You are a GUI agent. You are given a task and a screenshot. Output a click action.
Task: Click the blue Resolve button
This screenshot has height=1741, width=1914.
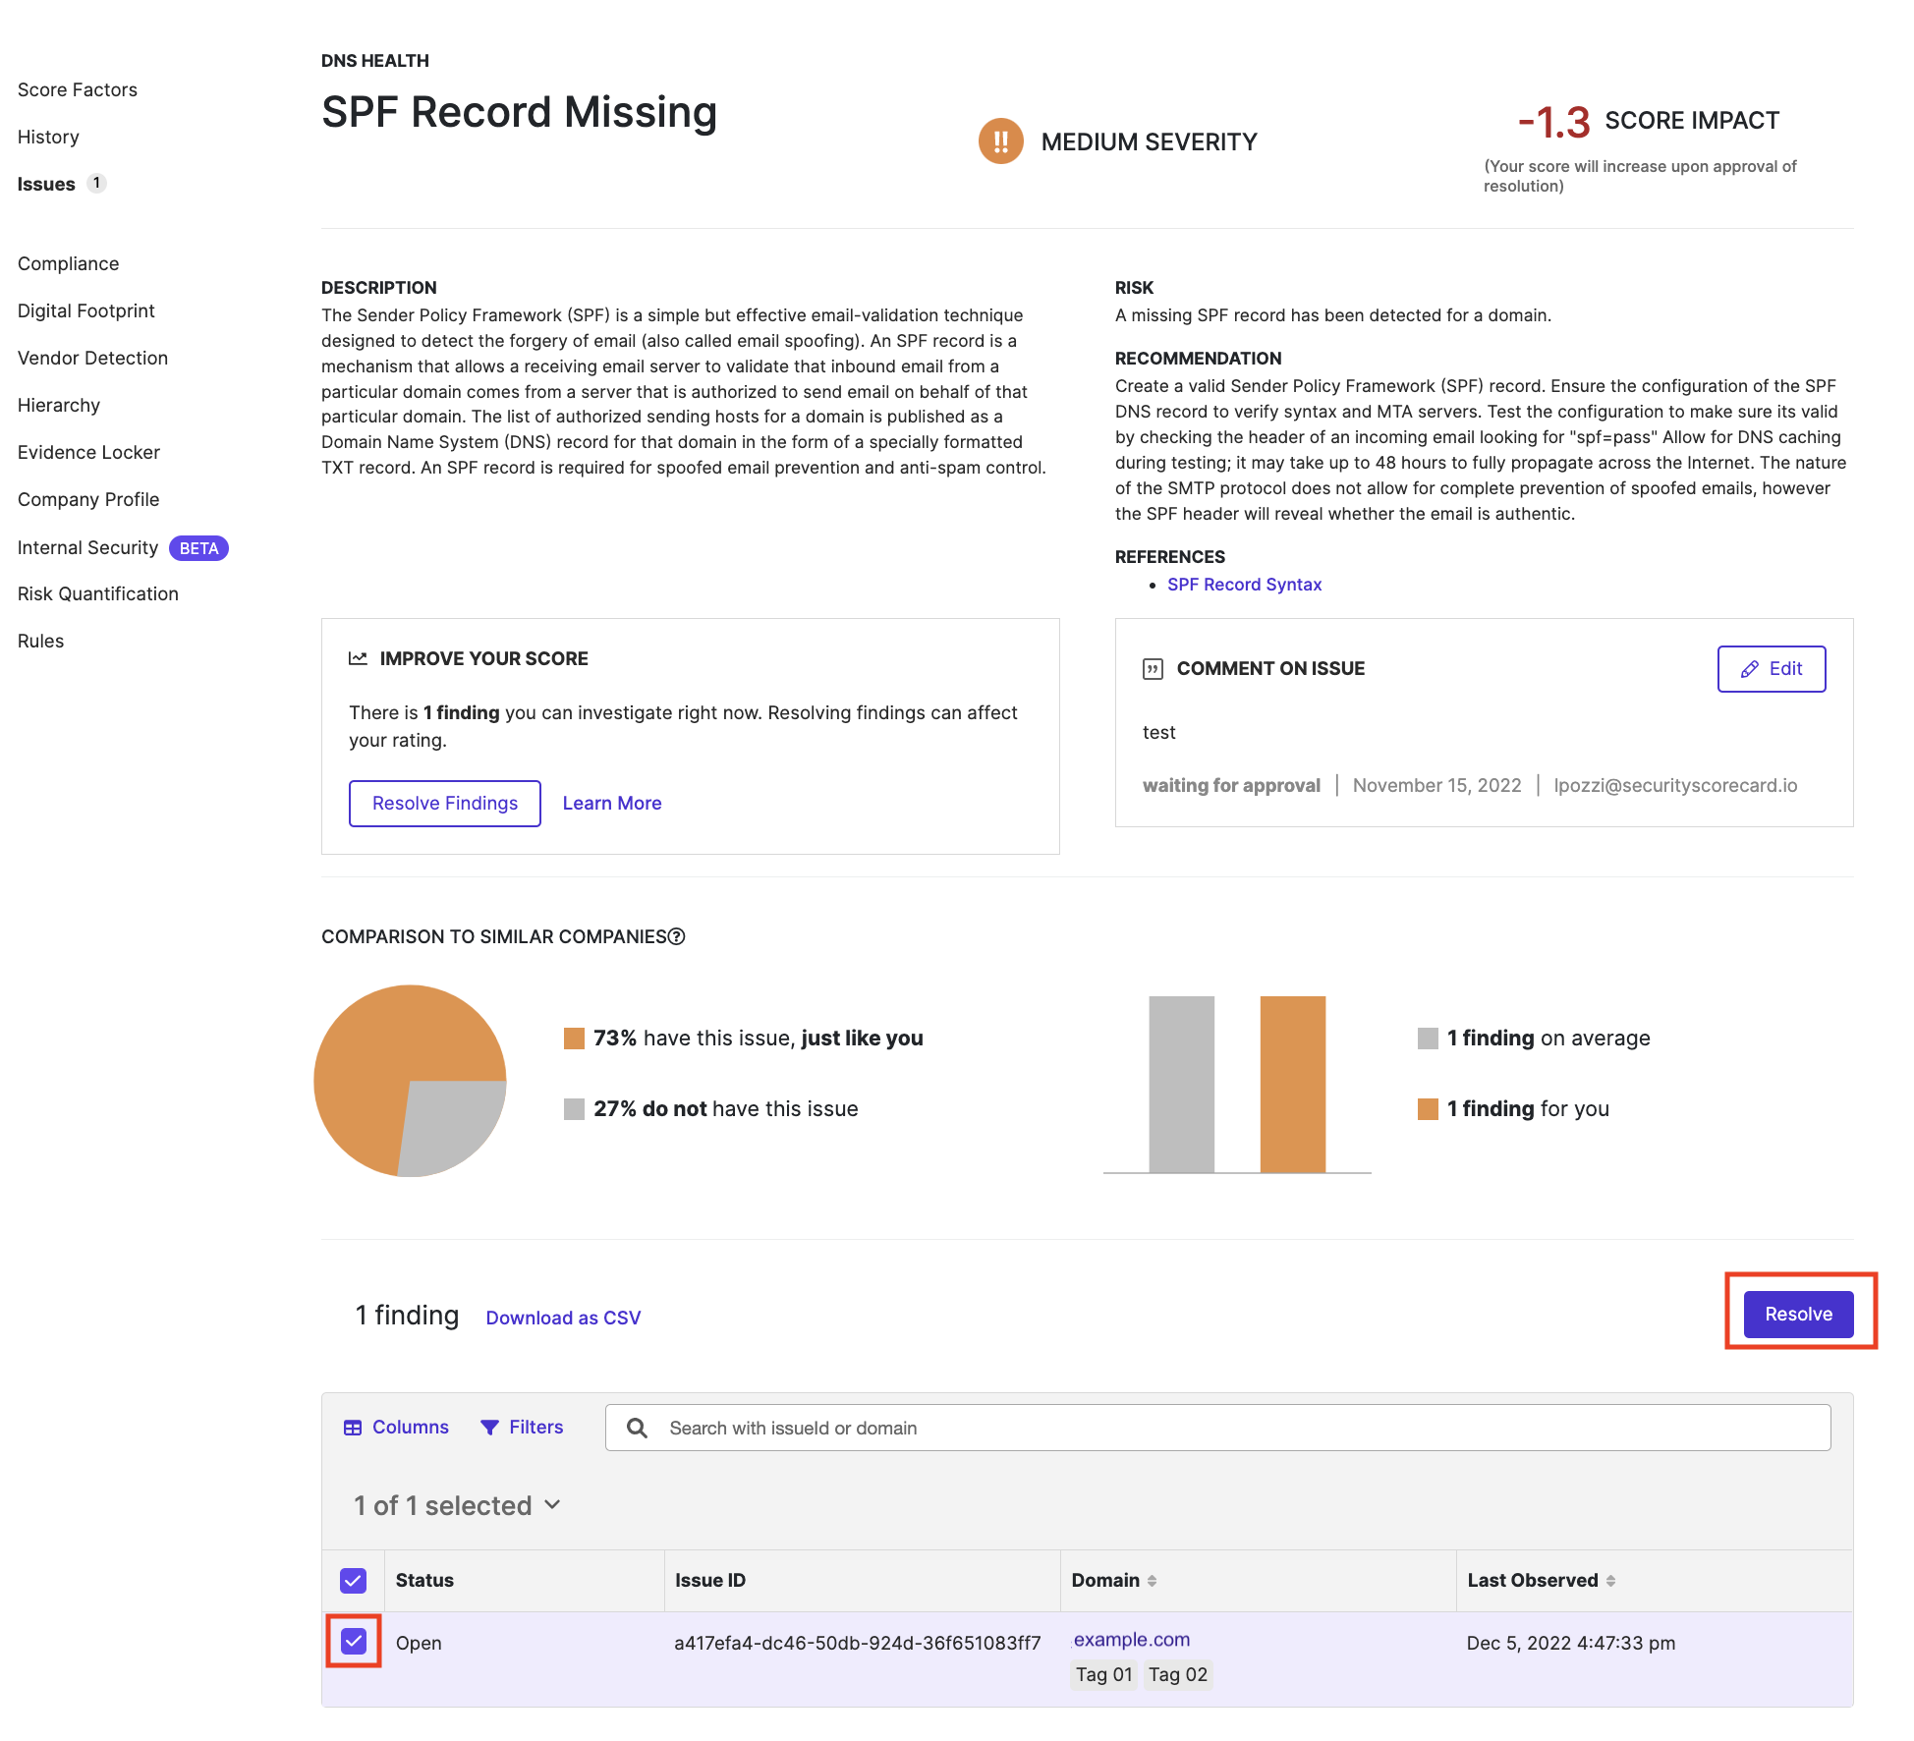[x=1798, y=1314]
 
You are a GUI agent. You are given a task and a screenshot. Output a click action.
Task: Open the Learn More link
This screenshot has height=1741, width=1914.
[x=611, y=803]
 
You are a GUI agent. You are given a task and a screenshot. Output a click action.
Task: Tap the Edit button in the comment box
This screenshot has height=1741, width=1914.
[x=1771, y=669]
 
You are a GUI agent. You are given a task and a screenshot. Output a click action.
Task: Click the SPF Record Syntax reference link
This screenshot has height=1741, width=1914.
[x=1244, y=585]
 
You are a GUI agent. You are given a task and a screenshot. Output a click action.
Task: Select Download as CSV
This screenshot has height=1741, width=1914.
[x=563, y=1318]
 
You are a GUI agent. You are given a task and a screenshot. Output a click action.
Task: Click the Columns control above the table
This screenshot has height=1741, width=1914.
[x=396, y=1427]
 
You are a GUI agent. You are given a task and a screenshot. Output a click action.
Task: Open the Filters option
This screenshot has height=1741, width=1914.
[x=522, y=1427]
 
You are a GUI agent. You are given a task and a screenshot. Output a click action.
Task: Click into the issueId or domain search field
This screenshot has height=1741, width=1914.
[x=1218, y=1428]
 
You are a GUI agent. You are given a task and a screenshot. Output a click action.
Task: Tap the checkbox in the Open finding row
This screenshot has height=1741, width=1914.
[x=354, y=1641]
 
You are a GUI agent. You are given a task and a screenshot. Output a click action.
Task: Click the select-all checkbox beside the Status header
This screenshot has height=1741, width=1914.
[x=354, y=1580]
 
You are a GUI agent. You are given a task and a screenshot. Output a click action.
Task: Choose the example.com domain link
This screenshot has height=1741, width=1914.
[x=1131, y=1639]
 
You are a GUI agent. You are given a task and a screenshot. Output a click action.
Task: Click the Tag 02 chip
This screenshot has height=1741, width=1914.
[x=1177, y=1674]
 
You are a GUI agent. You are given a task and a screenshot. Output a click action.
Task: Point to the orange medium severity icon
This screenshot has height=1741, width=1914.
[x=1000, y=141]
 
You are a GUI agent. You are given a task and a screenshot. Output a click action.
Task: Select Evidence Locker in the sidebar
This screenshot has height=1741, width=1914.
[x=88, y=452]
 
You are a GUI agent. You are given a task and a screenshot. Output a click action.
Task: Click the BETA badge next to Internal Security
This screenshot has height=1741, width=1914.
[x=198, y=548]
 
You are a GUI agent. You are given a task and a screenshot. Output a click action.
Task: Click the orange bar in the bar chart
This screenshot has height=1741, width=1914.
[x=1292, y=1084]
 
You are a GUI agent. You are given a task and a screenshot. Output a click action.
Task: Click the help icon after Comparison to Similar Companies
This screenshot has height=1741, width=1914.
[x=676, y=936]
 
